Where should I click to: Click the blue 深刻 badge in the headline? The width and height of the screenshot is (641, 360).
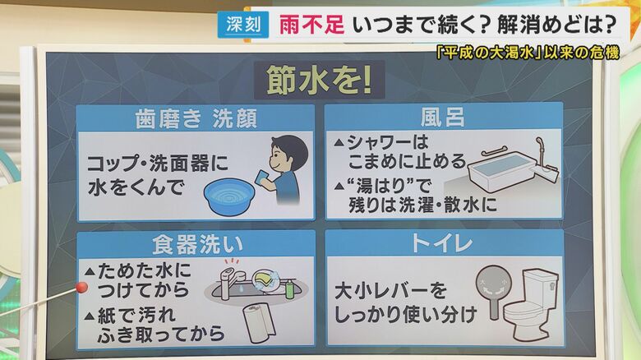tap(242, 25)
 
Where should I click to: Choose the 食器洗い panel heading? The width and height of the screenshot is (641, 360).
tap(196, 244)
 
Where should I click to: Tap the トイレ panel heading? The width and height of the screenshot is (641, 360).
tap(444, 244)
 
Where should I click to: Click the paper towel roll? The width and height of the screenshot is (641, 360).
tap(258, 322)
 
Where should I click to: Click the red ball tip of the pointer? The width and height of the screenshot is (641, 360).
tap(81, 287)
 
